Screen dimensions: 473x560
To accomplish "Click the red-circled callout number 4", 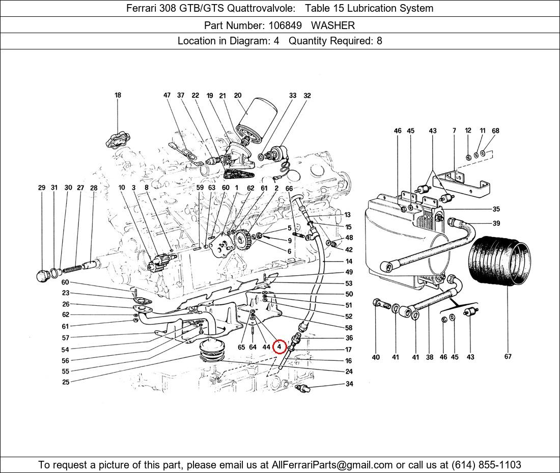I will click(x=279, y=347).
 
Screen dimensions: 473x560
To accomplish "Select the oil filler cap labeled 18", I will click(x=118, y=139).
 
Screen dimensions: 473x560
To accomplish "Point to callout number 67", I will click(x=508, y=356).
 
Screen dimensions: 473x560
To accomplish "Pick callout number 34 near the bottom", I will click(x=349, y=384).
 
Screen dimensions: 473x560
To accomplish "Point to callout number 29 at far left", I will click(x=42, y=188).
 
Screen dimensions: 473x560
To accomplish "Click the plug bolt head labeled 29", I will click(x=44, y=276).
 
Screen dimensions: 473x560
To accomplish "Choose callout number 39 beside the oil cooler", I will click(x=496, y=223).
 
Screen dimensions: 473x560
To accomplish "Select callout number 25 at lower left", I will click(x=66, y=382).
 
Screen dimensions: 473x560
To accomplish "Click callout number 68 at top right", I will click(x=495, y=130).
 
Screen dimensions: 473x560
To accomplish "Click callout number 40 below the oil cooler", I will click(x=376, y=357).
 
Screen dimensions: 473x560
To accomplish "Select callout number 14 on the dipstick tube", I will click(x=348, y=261).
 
